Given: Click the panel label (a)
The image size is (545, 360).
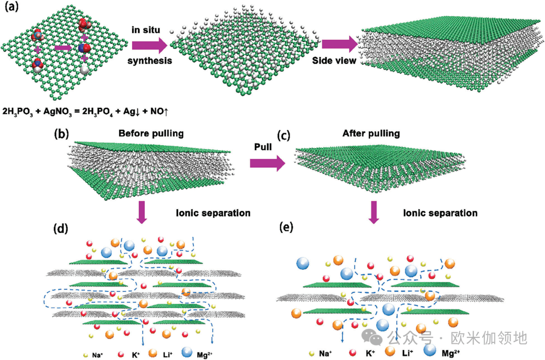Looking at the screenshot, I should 11,9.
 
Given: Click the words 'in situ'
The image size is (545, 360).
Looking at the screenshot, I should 147,30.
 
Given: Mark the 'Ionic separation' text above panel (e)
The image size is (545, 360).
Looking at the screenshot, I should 440,213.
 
